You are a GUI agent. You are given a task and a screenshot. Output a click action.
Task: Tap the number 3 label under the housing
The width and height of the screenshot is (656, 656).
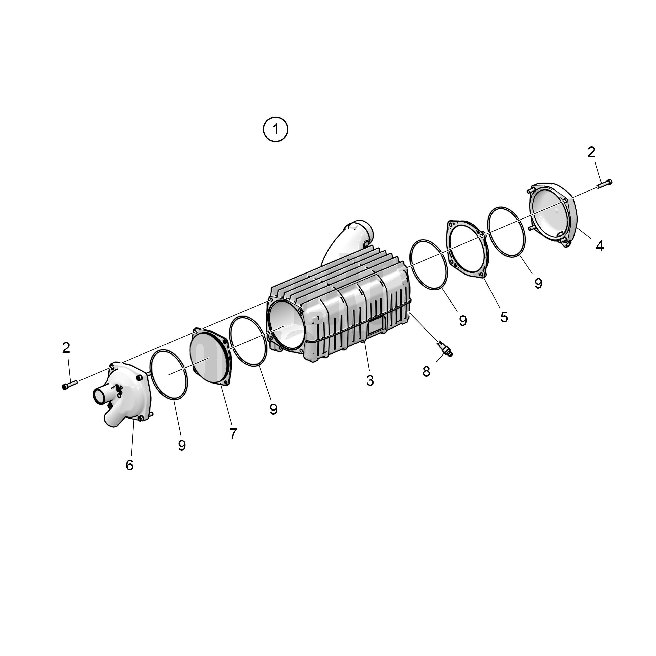[x=370, y=381]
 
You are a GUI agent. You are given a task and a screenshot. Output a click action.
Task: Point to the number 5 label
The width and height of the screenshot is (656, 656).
[x=504, y=317]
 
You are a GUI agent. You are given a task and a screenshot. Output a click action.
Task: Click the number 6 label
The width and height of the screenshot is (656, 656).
[x=129, y=465]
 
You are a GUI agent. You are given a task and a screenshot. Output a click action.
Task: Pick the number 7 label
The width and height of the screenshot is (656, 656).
[x=233, y=434]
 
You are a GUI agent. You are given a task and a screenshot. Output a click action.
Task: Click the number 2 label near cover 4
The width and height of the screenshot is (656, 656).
[x=591, y=152]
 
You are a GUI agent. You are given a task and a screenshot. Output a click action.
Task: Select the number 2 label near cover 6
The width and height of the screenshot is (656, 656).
[x=66, y=348]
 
